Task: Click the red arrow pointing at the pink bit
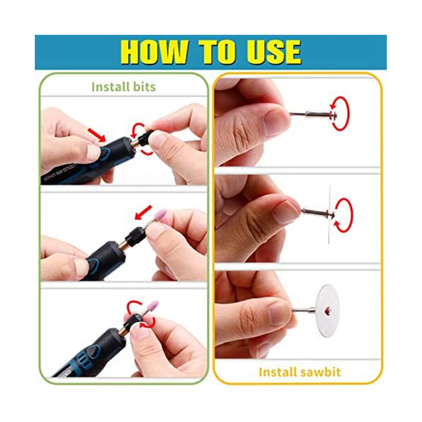pyautogui.click(x=143, y=212)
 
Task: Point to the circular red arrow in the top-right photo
pyautogui.click(x=340, y=113)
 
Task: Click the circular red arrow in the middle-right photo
pyautogui.click(x=343, y=215)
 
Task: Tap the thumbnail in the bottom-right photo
pyautogui.click(x=280, y=313)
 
